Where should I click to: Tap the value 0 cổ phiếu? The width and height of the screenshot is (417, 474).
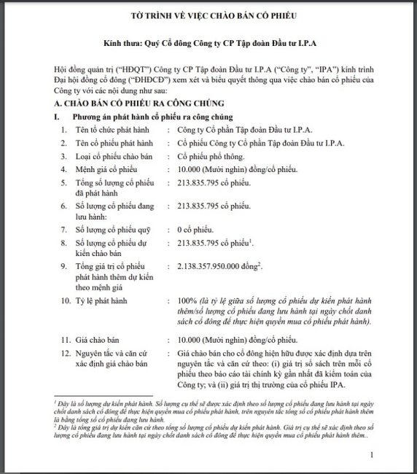click(196, 229)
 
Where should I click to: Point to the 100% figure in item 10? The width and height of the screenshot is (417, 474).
click(188, 300)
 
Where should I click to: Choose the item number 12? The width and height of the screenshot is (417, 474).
click(66, 353)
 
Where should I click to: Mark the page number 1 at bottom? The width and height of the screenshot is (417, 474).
click(371, 454)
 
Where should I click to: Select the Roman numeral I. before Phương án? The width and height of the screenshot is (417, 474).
click(48, 117)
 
